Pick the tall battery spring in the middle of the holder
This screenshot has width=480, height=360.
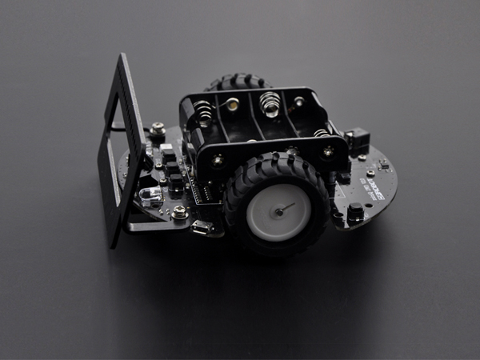point(270,102)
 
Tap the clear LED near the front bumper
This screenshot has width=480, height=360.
point(149,195)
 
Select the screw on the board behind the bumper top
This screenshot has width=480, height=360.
point(158,128)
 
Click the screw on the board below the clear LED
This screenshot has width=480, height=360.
point(180,212)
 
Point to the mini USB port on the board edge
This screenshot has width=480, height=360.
point(201,228)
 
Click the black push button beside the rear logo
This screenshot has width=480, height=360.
point(355,213)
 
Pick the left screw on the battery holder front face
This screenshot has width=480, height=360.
point(218,160)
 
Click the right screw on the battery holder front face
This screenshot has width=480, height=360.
point(328,150)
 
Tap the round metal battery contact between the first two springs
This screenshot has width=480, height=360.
point(232,104)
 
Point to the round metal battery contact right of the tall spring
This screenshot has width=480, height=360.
point(298,102)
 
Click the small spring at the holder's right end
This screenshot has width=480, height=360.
point(321,133)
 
